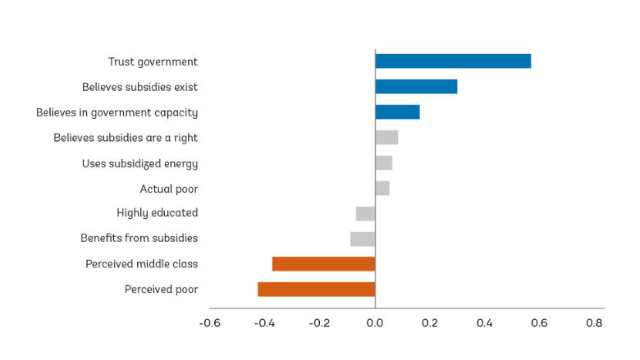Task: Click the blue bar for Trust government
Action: click(x=453, y=62)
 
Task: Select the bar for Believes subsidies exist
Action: click(x=416, y=87)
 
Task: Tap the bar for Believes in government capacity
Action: click(x=397, y=112)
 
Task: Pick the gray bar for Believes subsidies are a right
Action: click(x=386, y=138)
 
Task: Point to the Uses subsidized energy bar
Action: click(x=383, y=163)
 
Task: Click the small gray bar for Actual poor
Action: click(x=382, y=189)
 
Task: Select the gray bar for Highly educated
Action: click(x=366, y=213)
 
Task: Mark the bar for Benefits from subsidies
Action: click(x=363, y=239)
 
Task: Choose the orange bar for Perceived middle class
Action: click(x=323, y=264)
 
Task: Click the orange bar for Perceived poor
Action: click(x=316, y=289)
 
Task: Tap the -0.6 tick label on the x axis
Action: click(x=209, y=323)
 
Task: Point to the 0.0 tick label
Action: click(x=375, y=323)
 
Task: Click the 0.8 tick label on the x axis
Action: click(x=594, y=323)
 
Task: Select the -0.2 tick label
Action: click(x=319, y=323)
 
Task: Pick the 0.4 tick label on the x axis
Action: click(x=484, y=323)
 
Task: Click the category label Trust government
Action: click(x=153, y=62)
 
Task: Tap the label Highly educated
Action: click(x=157, y=213)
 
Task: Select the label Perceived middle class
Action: click(x=141, y=264)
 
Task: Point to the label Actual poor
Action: click(x=168, y=189)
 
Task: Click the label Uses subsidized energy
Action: click(x=139, y=163)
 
